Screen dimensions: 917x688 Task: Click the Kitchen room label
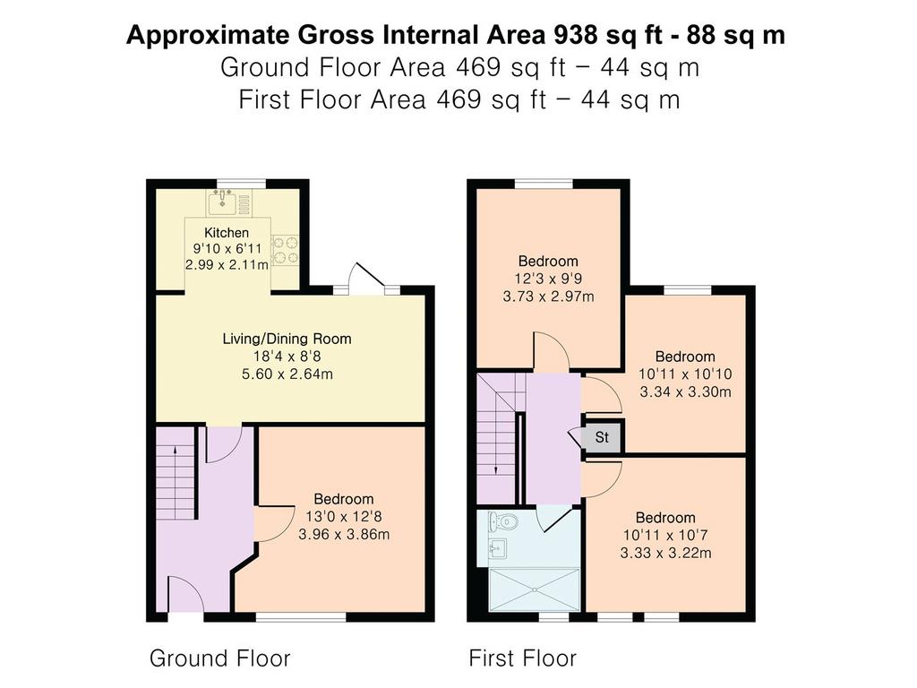pos(227,232)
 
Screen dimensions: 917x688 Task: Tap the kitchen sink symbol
pos(223,202)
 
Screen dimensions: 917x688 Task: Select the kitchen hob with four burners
pos(286,251)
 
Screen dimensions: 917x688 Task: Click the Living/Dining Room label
pos(287,339)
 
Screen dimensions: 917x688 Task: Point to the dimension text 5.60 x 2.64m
pos(287,374)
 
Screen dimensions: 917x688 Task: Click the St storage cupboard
pos(603,436)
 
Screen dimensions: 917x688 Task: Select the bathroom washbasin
pos(498,548)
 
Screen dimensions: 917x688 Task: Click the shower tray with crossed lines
pos(535,589)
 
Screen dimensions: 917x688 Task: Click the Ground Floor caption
pos(220,658)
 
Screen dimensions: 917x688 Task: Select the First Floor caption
pos(522,658)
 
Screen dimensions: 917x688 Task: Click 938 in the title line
pos(576,35)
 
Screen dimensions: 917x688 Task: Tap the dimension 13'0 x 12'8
pos(344,517)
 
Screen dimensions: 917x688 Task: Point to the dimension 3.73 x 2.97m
pos(549,297)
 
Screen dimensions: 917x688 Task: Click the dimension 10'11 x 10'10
pos(685,374)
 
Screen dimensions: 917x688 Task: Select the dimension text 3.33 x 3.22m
pos(666,553)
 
